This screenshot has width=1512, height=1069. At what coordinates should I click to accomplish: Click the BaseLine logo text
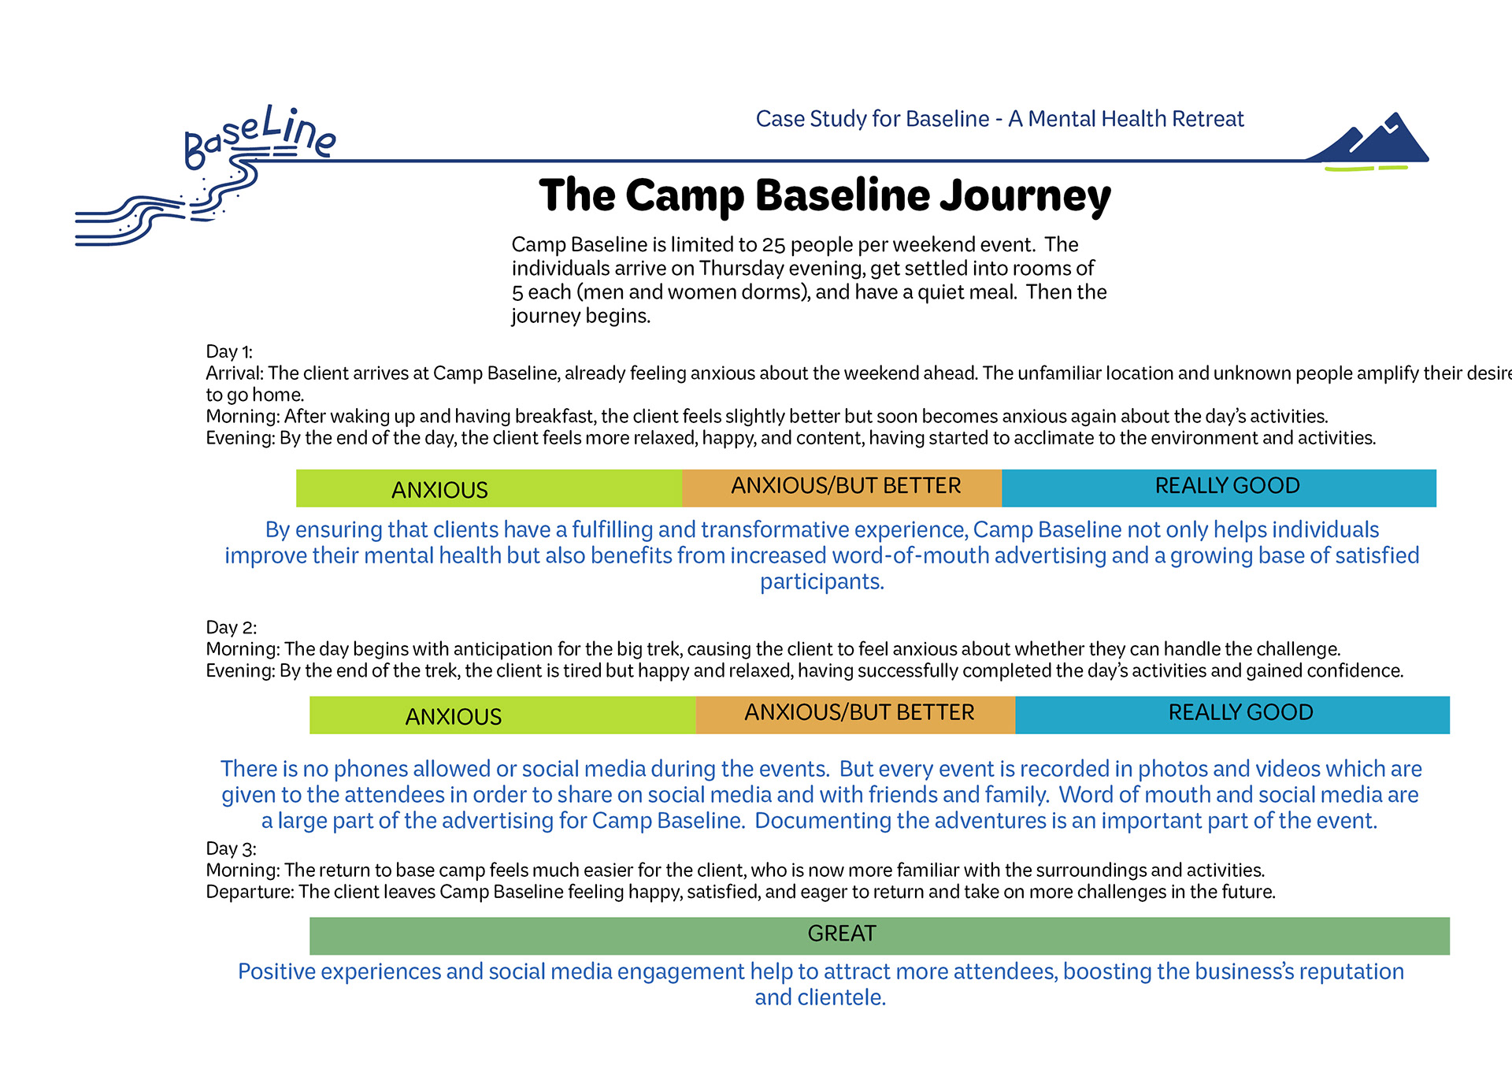260,135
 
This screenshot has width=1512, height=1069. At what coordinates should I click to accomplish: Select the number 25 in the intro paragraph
773,245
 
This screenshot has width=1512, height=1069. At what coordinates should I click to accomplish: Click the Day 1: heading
229,351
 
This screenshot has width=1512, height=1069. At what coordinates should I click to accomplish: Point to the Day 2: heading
232,627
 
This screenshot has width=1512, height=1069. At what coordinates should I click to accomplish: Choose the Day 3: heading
232,848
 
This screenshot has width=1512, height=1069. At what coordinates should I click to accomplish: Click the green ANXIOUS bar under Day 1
489,488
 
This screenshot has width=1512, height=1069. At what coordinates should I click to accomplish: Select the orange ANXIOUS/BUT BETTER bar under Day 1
842,488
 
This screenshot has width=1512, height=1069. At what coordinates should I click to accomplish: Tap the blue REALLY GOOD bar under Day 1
1219,488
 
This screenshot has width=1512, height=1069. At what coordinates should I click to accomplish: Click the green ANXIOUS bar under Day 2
502,715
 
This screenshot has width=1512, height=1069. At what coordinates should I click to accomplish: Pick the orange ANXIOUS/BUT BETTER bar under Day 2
855,715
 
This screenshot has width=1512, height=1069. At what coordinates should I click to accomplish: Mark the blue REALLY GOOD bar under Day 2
1232,715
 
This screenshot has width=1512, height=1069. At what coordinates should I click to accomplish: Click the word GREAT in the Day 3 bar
842,934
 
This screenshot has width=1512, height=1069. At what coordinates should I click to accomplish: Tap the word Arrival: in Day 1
235,373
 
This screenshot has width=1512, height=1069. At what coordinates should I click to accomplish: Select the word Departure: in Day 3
250,893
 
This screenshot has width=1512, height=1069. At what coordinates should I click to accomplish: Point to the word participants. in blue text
822,582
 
